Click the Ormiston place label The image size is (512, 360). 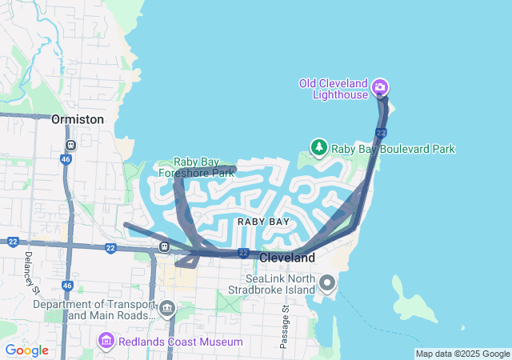point(77,119)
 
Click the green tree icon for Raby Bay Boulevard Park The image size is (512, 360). point(319,148)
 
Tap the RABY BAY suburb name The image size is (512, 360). point(263,221)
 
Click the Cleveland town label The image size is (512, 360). point(287,258)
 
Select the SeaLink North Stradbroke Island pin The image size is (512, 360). point(327,282)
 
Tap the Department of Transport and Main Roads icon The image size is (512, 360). point(167,309)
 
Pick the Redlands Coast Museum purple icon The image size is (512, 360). point(106,342)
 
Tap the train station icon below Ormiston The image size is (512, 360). point(70,146)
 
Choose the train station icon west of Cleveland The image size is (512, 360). point(164,246)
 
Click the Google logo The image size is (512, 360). point(26,350)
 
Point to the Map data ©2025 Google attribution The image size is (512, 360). point(462,354)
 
